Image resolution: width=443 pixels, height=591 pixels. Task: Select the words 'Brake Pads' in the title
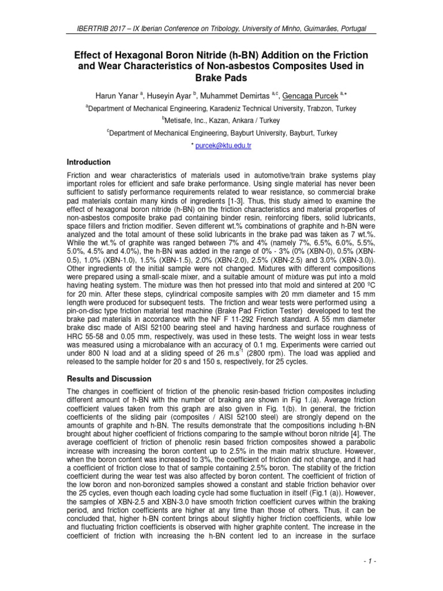(x=221, y=77)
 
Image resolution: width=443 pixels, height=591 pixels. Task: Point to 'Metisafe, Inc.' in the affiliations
(x=187, y=121)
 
